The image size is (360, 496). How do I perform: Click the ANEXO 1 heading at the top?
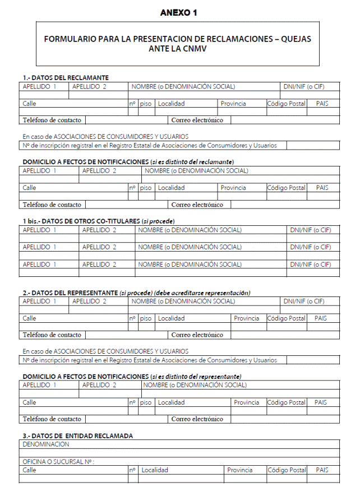pyautogui.click(x=178, y=12)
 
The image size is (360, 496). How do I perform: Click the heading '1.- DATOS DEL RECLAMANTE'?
pyautogui.click(x=66, y=77)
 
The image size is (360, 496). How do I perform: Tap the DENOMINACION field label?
pyautogui.click(x=46, y=444)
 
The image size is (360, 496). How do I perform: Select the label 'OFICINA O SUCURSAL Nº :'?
pyautogui.click(x=58, y=462)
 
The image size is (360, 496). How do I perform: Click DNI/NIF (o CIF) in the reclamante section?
pyautogui.click(x=303, y=86)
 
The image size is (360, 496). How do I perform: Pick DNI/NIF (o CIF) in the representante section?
pyautogui.click(x=303, y=302)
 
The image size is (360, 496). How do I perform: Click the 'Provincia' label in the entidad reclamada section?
pyautogui.click(x=240, y=470)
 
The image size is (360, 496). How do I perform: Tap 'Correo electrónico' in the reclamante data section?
pyautogui.click(x=197, y=120)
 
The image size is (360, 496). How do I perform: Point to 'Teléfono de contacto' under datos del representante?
pyautogui.click(x=52, y=335)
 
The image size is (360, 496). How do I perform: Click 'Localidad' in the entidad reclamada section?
pyautogui.click(x=155, y=470)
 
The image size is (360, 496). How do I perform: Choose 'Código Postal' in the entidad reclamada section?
pyautogui.click(x=286, y=470)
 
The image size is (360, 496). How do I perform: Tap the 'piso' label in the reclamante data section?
pyautogui.click(x=146, y=103)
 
